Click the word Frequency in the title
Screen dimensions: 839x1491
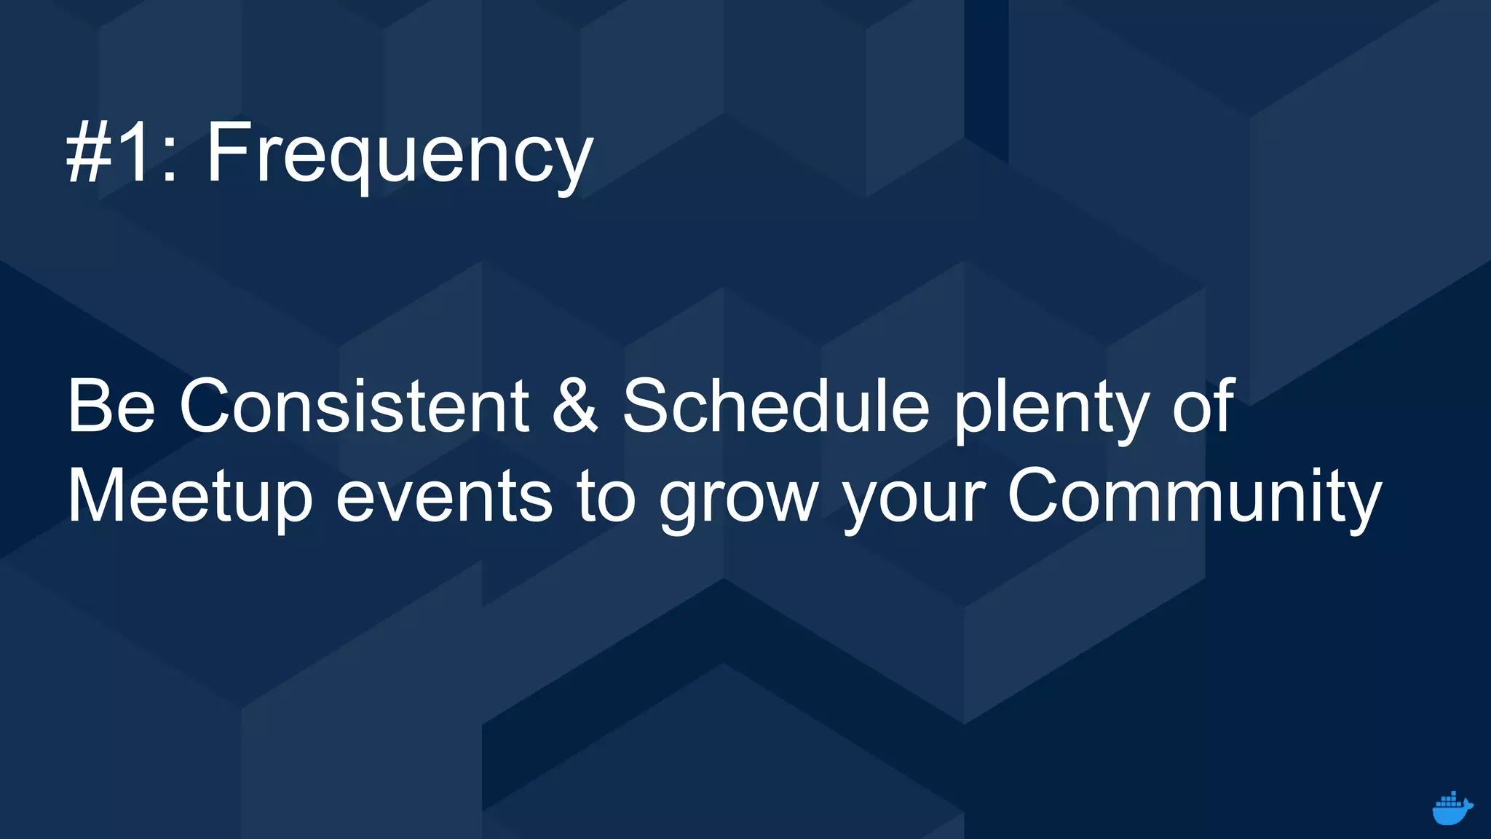pyautogui.click(x=400, y=154)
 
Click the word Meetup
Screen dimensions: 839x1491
pyautogui.click(x=190, y=497)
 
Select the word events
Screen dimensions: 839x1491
pyautogui.click(x=443, y=497)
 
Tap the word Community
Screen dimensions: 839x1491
pyautogui.click(x=1194, y=497)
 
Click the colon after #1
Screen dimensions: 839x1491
pyautogui.click(x=169, y=162)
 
